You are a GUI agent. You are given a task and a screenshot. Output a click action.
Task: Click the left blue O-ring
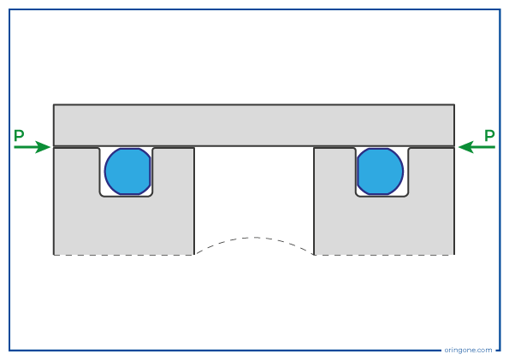(127, 171)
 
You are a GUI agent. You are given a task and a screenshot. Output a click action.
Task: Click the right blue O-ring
(380, 171)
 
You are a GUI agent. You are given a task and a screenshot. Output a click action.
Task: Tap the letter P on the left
(19, 135)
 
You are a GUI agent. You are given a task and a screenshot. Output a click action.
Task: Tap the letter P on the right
(489, 135)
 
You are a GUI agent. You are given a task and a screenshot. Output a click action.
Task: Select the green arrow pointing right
(33, 147)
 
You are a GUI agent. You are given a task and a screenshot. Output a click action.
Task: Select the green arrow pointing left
(476, 147)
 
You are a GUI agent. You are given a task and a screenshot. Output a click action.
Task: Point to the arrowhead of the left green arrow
(50, 147)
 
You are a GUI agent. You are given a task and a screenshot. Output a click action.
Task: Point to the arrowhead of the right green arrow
(459, 147)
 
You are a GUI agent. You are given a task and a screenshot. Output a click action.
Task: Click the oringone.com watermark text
(468, 351)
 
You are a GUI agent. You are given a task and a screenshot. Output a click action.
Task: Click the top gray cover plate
(254, 126)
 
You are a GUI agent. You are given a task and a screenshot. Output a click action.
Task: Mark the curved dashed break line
(254, 238)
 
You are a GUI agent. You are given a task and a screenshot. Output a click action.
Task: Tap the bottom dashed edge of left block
(124, 255)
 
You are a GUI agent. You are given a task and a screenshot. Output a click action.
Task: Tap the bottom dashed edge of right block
(384, 255)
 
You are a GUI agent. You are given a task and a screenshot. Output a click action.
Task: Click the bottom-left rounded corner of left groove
(101, 195)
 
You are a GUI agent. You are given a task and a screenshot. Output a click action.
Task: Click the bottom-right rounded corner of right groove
(406, 195)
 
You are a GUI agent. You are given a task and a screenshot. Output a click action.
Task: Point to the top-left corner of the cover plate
(54, 104)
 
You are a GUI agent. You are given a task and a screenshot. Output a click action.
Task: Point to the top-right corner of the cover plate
(454, 104)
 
